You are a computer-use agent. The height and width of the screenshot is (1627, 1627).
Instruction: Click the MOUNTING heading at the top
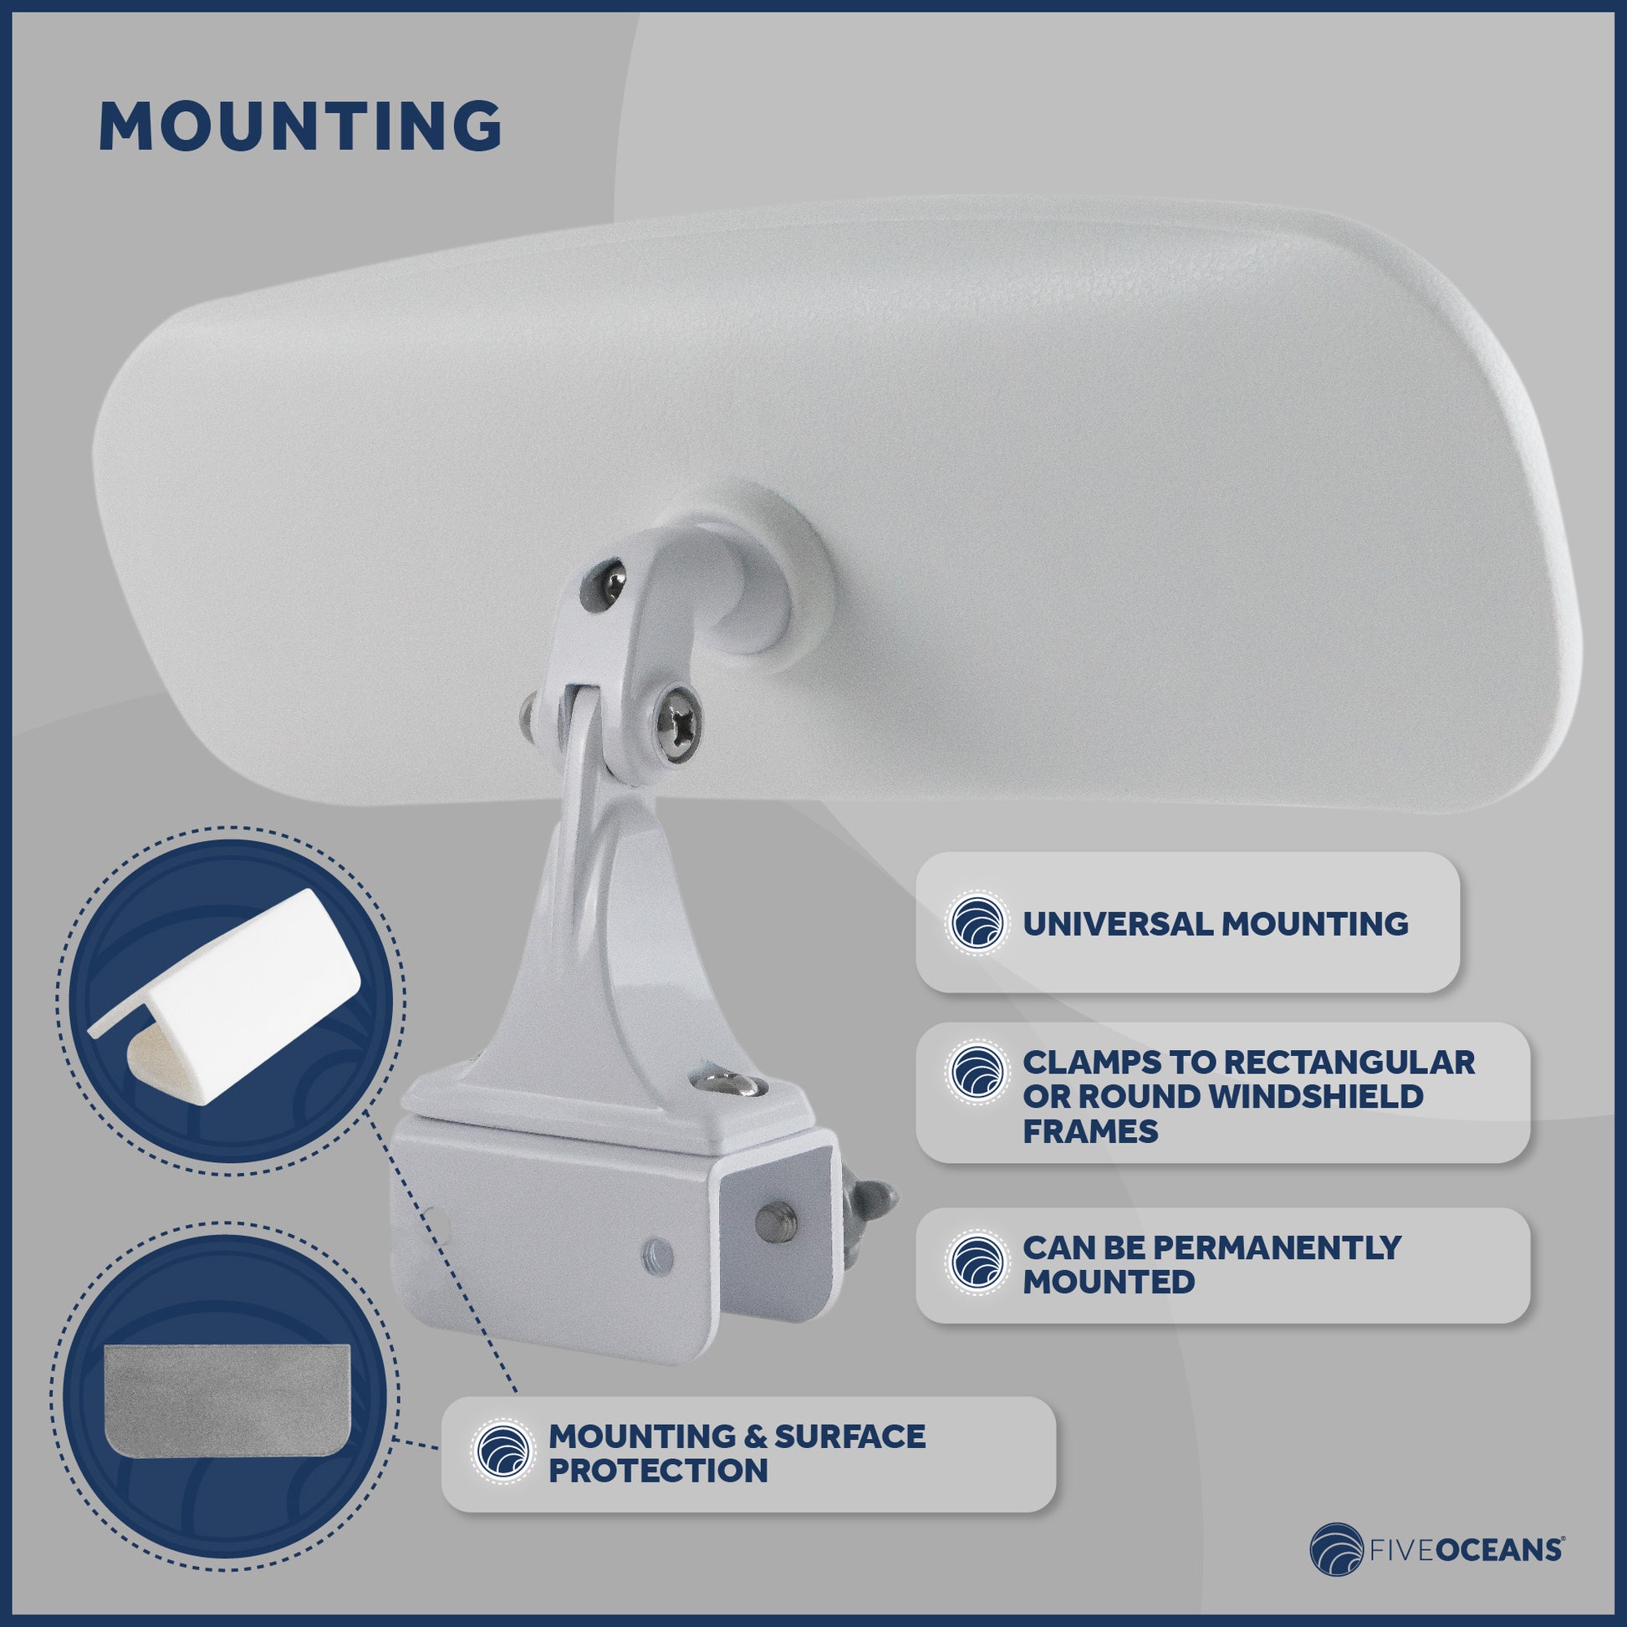300,126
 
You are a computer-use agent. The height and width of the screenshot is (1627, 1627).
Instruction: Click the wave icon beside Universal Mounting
977,924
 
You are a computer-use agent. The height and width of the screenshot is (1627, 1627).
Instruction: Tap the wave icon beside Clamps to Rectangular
977,1071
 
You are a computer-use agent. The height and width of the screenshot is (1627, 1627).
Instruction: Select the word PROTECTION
658,1471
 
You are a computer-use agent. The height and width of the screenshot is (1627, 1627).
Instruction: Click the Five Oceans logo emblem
1335,1549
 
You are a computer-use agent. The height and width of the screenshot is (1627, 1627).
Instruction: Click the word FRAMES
1089,1131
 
